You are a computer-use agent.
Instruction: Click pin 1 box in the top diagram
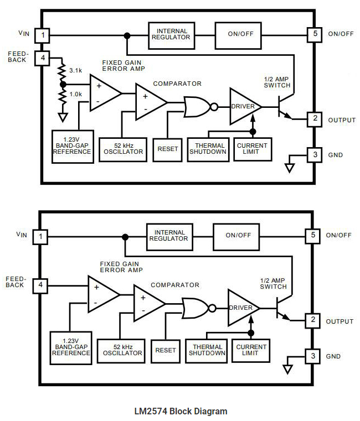coord(42,34)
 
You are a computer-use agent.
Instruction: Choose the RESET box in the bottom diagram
coord(165,350)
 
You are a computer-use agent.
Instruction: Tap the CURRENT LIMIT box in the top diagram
coord(253,148)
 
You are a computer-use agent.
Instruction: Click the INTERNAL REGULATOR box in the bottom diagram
coord(169,235)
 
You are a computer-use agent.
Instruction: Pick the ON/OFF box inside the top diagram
coord(240,34)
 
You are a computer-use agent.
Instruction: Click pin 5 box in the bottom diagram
coord(313,235)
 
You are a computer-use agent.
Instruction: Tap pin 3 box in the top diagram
coord(315,154)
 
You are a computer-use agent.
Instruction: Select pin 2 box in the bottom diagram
coord(313,320)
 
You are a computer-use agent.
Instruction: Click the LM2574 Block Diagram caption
coord(180,411)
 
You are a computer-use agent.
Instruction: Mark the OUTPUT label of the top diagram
coord(341,120)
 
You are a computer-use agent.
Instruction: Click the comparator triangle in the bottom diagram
coord(148,304)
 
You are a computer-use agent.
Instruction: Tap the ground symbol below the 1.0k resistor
coord(63,117)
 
